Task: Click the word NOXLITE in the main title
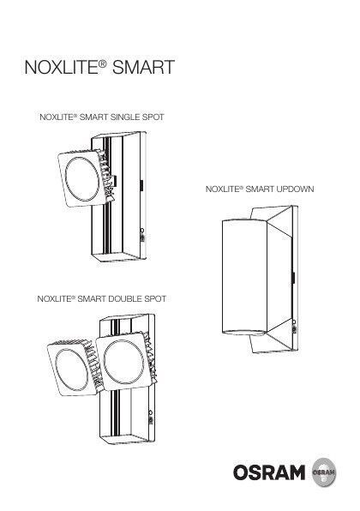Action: coord(61,67)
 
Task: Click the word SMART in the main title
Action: coord(143,67)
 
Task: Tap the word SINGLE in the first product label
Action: coord(125,117)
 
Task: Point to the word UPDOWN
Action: coord(295,189)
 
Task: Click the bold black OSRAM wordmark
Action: coord(269,472)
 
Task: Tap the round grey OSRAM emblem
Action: coord(324,472)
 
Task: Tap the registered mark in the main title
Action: coord(102,63)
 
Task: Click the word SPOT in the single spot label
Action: coord(153,117)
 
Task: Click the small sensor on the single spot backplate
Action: coord(142,235)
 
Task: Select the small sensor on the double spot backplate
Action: coord(151,418)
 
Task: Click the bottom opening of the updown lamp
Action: coord(244,332)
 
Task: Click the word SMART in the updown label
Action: coord(260,189)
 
